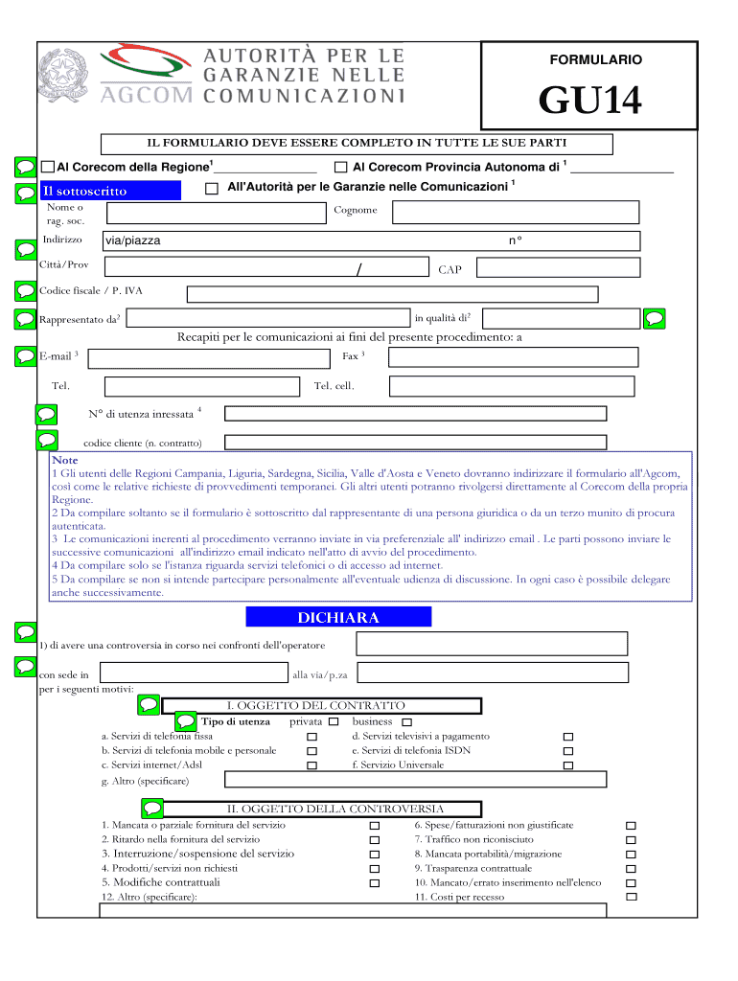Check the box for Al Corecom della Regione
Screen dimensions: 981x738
(x=49, y=167)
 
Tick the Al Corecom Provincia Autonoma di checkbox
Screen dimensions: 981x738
(x=341, y=167)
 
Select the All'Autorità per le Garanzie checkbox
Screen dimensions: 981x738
(x=212, y=188)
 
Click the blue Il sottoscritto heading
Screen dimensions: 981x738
(x=110, y=191)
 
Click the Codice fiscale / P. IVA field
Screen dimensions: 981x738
(x=391, y=294)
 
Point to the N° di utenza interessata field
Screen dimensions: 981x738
(x=415, y=414)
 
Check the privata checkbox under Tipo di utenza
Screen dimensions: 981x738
(x=334, y=721)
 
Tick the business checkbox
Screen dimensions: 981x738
(x=406, y=721)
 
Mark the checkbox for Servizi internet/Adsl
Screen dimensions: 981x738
(x=311, y=765)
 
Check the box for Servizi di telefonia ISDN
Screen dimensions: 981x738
(x=567, y=751)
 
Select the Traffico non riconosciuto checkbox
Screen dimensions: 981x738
(x=630, y=839)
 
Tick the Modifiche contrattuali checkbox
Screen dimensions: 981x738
(x=375, y=882)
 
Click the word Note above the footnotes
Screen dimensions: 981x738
(x=65, y=461)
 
